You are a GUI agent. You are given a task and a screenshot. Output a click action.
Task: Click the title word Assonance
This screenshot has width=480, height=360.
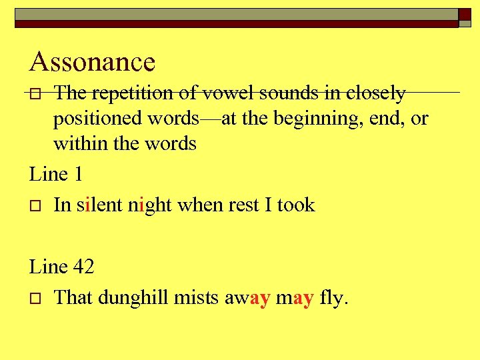pyautogui.click(x=93, y=62)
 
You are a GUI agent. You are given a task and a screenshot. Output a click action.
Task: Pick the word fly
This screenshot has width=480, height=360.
pyautogui.click(x=333, y=298)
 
